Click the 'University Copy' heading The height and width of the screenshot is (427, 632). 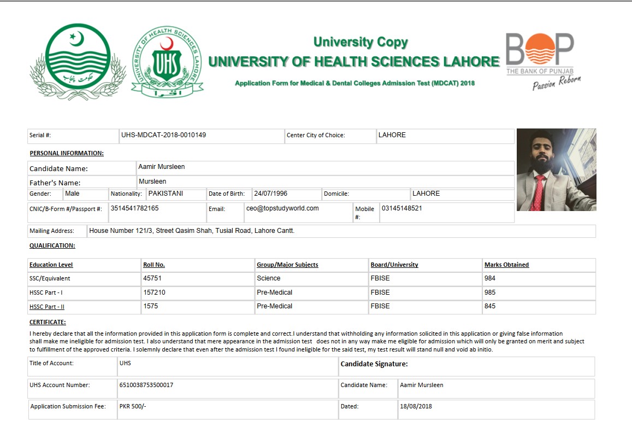tap(361, 42)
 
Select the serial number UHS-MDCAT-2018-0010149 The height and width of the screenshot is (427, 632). tap(163, 134)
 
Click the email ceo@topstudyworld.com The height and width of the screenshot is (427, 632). tap(282, 208)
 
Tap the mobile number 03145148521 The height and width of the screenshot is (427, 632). tap(401, 208)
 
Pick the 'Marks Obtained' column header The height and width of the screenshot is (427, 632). tap(506, 265)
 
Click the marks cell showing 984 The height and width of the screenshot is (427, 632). tap(490, 278)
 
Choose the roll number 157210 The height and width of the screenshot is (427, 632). tap(155, 293)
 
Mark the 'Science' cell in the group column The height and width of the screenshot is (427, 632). tap(268, 278)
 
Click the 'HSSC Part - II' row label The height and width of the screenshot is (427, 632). tap(47, 307)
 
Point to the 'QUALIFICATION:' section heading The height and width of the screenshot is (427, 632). tap(52, 246)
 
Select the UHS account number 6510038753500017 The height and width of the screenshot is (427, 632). tap(146, 385)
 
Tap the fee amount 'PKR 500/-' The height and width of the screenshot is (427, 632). tap(133, 406)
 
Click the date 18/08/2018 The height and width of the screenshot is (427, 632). tap(416, 406)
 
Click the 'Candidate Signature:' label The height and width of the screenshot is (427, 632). tap(374, 364)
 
